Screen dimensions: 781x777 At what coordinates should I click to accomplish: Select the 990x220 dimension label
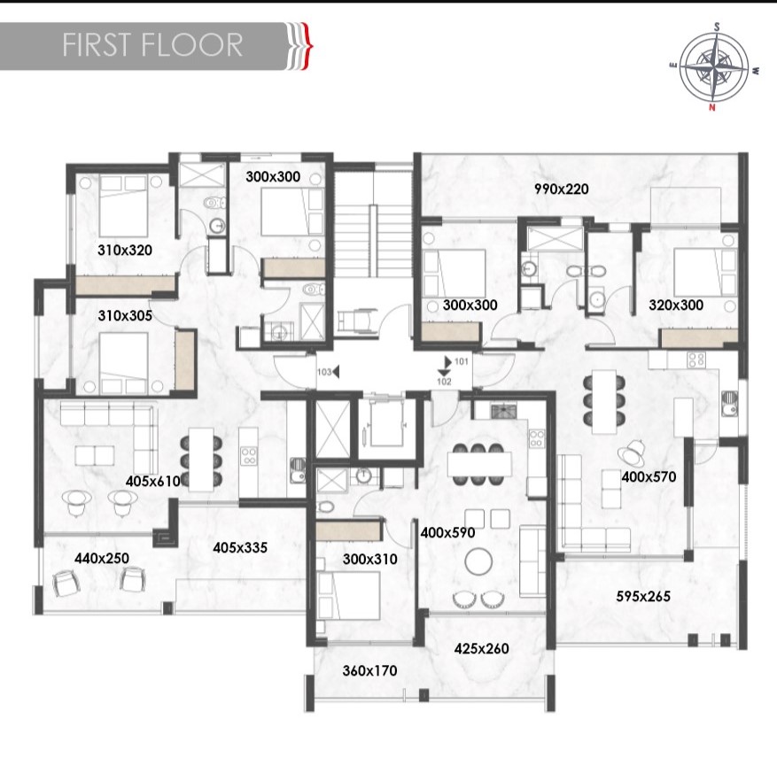(561, 189)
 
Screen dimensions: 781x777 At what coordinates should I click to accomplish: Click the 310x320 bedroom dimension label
(125, 251)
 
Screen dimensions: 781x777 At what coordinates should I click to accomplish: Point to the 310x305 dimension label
(125, 314)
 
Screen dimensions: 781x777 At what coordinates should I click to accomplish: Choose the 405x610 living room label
(153, 481)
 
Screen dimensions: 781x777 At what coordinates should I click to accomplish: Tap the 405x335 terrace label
(240, 547)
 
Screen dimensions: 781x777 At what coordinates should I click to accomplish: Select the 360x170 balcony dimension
(369, 671)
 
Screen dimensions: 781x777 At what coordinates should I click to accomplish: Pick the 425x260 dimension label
(481, 648)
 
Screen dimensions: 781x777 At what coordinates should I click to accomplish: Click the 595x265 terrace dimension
(642, 596)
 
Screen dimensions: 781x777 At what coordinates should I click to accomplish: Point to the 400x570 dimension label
(649, 476)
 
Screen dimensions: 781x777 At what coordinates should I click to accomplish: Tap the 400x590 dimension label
(448, 533)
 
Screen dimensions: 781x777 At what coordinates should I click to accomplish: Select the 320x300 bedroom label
(675, 305)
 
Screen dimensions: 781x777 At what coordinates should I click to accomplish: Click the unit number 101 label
(461, 361)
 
